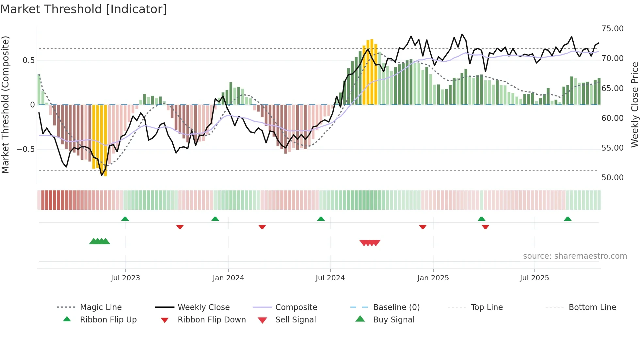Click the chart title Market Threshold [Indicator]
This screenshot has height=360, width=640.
[84, 9]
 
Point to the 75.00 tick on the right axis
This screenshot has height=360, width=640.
[612, 29]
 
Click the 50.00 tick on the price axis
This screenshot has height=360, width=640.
[612, 178]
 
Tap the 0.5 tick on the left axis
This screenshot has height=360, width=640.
[28, 60]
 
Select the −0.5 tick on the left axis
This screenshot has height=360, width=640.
[25, 149]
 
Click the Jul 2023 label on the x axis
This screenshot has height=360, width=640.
[125, 278]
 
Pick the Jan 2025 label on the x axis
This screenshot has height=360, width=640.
[433, 278]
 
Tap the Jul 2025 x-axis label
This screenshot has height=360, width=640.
[534, 278]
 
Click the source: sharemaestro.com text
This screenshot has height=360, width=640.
[575, 256]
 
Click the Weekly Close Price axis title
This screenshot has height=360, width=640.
[634, 105]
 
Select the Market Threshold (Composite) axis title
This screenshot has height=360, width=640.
[5, 105]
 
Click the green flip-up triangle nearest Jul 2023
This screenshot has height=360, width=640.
[125, 219]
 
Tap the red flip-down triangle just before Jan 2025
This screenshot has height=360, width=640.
[423, 227]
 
